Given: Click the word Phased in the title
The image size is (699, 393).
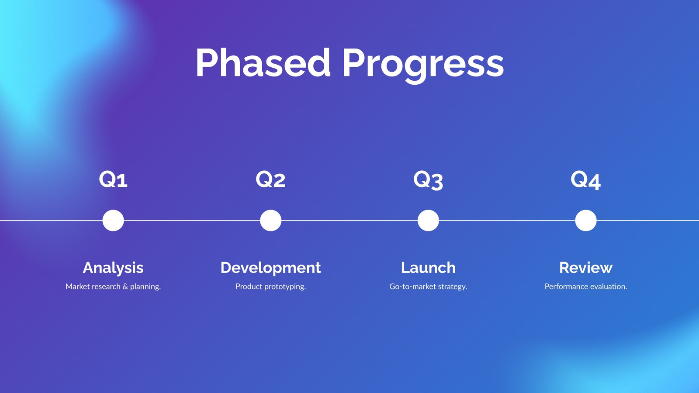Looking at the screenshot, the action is tap(263, 62).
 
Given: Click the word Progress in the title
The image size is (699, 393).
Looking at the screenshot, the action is tap(423, 65).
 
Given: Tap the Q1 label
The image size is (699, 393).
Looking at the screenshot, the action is tap(113, 179).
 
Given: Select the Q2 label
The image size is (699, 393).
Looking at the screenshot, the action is tap(270, 179).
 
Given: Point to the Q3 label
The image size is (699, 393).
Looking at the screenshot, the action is tap(428, 180).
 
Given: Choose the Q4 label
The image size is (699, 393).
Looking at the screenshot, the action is tap(586, 180).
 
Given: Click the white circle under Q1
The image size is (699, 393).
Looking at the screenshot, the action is tap(113, 221).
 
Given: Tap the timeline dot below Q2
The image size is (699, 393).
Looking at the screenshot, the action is tap(270, 221).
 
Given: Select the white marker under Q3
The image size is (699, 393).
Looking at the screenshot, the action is tap(428, 221).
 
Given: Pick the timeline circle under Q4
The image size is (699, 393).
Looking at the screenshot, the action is tap(586, 221).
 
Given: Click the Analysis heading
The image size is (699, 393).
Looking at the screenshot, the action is tap(113, 268).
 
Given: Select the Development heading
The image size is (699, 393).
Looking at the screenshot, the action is tap(270, 268).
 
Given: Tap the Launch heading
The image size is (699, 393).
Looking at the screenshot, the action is tap(428, 268).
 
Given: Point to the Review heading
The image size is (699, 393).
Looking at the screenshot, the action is tap(586, 268).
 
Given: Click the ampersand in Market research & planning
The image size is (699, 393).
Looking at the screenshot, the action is tap(125, 286).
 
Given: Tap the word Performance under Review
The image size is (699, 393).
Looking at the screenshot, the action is tap(565, 286).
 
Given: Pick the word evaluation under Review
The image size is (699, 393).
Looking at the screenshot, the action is tap(607, 286).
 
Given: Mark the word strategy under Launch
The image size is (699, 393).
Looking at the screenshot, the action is tap(448, 287).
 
